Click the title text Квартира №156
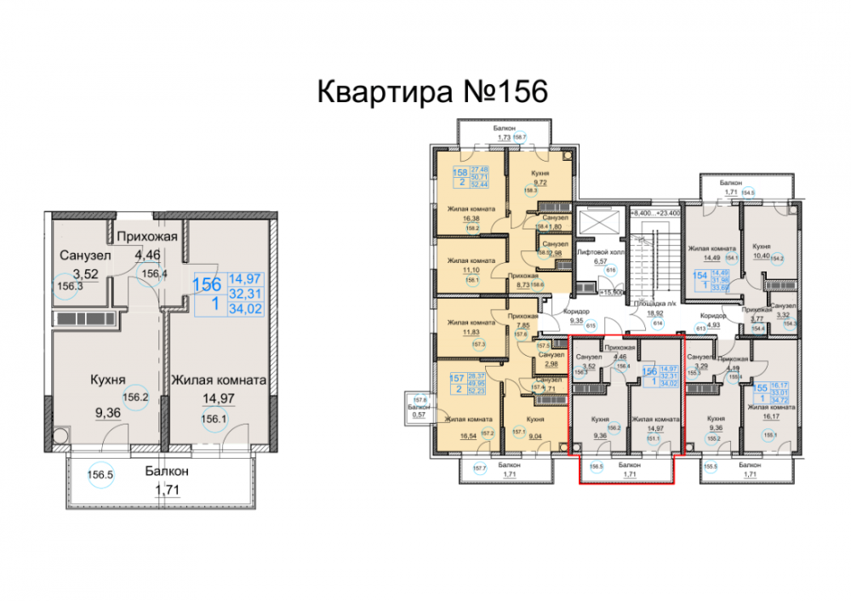pos(431,91)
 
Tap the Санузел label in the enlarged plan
pos(83,255)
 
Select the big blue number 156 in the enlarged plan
pos(208,284)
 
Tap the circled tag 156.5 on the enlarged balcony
pos(101,478)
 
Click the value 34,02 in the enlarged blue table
pos(245,308)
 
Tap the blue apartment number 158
pos(460,172)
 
